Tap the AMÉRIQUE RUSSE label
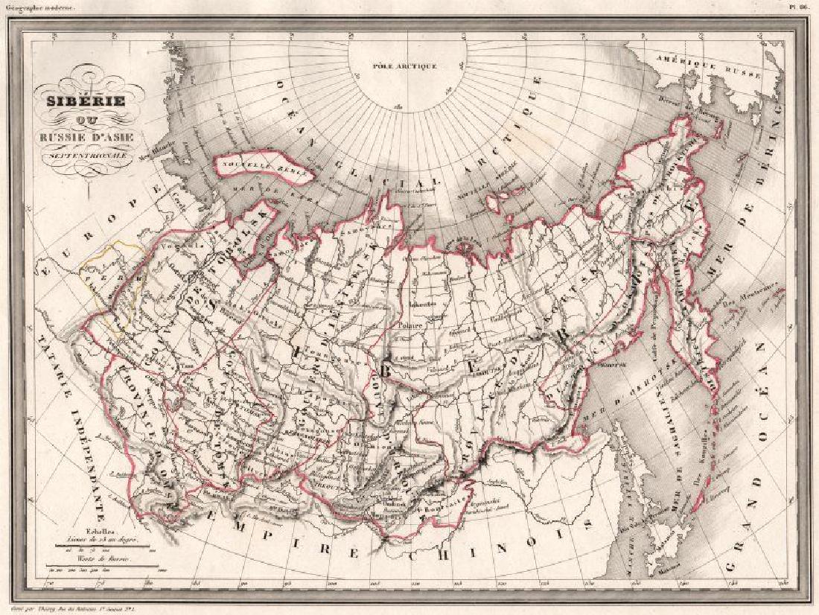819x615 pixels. (707, 66)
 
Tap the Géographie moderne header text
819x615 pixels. (38, 7)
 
